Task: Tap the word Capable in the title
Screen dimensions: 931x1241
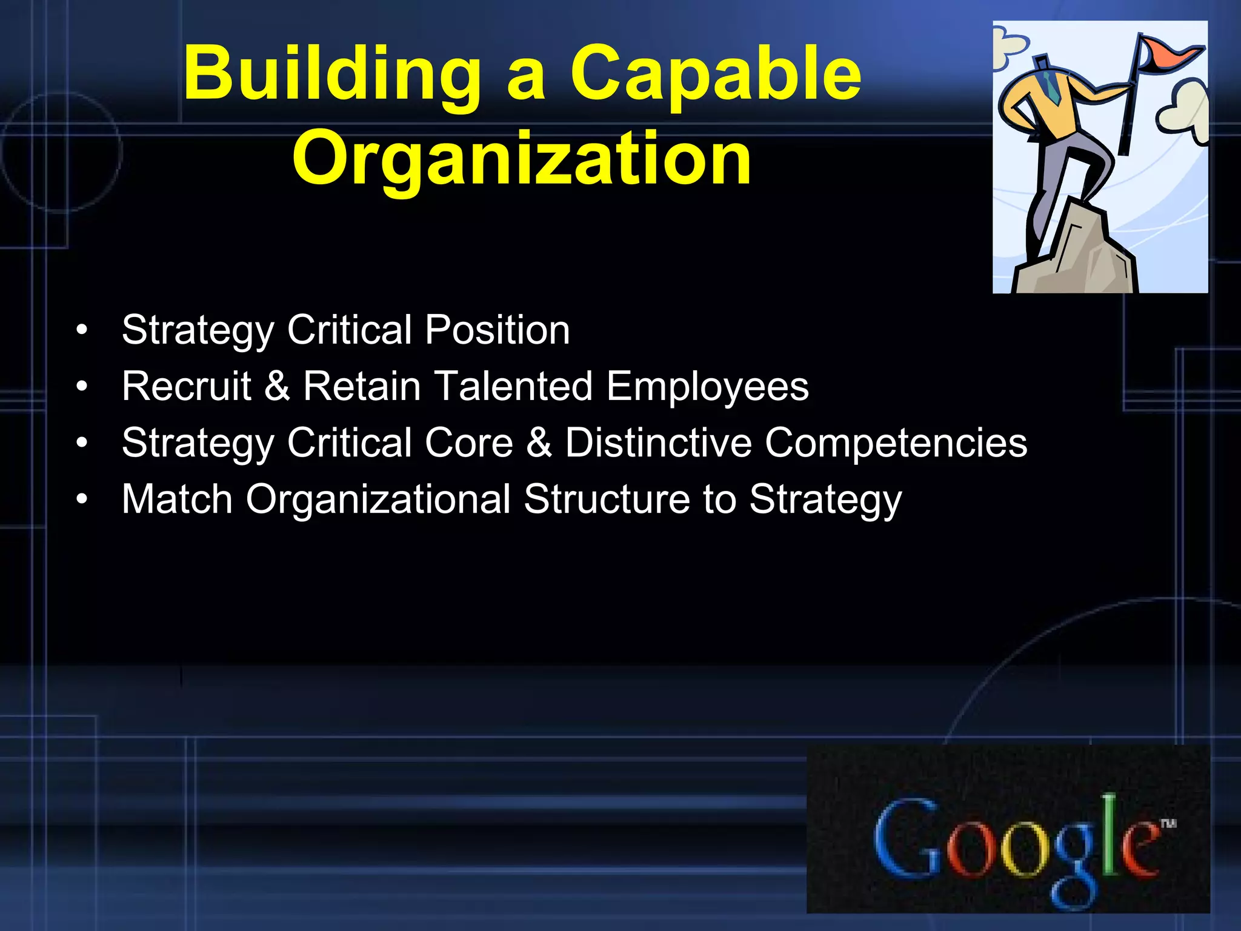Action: tap(715, 76)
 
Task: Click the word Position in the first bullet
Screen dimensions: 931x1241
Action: tap(497, 330)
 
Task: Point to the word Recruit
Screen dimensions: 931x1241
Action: tap(186, 386)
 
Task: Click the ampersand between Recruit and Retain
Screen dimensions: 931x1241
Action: tap(277, 386)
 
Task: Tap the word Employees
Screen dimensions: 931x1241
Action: tap(707, 387)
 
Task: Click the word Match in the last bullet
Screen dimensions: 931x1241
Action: tap(177, 499)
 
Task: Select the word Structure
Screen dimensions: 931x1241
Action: tap(607, 499)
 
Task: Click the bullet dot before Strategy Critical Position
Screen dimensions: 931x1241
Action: tap(82, 331)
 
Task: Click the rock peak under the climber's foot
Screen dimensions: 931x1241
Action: tap(1085, 249)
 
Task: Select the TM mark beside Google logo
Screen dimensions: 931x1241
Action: tap(1168, 823)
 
